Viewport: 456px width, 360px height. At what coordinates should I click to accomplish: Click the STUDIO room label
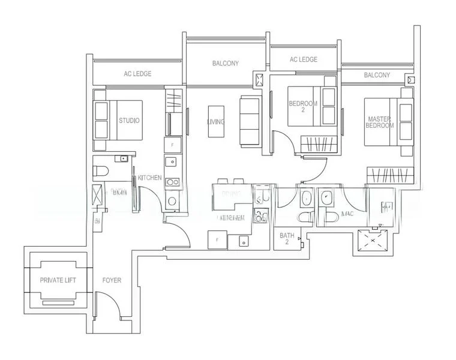point(129,121)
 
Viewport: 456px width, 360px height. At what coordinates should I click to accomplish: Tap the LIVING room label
point(216,122)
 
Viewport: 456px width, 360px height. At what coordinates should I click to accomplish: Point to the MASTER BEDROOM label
point(380,122)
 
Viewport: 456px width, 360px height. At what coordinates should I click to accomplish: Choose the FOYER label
point(112,280)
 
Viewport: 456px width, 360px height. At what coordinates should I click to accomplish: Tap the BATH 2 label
point(286,239)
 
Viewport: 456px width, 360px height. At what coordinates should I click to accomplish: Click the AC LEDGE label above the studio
point(137,74)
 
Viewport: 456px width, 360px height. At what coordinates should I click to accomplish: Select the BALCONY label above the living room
point(226,63)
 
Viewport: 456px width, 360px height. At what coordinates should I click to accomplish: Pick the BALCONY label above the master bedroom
point(377,75)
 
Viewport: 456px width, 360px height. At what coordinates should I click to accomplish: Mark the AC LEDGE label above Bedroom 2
point(303,59)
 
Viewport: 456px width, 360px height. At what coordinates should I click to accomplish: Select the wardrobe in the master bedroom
point(391,175)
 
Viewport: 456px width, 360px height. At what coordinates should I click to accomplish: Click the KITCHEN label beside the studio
point(149,178)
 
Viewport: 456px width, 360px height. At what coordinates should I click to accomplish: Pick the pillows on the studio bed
point(101,119)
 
